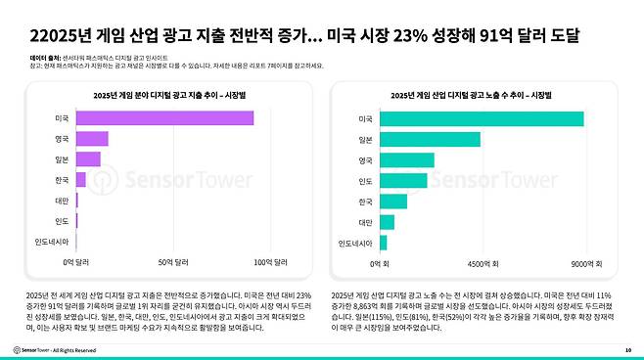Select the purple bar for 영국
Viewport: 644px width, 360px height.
(92, 139)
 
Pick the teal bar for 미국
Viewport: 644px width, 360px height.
(481, 118)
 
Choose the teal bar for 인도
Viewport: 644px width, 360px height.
(402, 180)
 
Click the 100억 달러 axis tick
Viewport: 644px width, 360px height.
(270, 262)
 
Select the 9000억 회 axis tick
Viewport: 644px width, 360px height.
(584, 262)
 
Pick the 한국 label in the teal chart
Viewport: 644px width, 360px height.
(365, 202)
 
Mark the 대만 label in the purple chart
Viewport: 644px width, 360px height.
(61, 200)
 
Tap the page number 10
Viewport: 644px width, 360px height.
(627, 349)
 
